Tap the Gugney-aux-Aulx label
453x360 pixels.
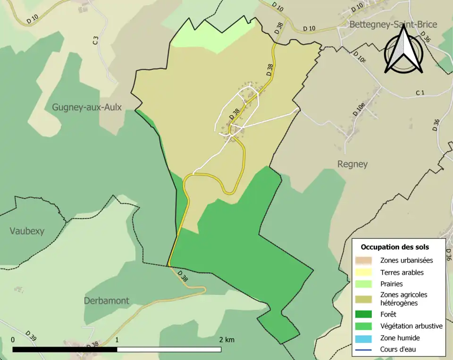[87, 108]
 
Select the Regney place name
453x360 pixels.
[352, 164]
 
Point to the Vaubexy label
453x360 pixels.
[27, 231]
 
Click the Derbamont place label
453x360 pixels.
[106, 301]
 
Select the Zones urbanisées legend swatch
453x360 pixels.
[363, 260]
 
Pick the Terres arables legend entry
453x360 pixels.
[402, 272]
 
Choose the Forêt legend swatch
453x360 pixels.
[363, 314]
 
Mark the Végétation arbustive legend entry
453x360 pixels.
[411, 326]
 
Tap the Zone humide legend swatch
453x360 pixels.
[363, 338]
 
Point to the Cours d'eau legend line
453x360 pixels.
[363, 350]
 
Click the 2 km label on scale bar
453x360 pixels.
[226, 340]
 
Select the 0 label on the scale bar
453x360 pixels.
[13, 340]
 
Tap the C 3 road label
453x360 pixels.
[95, 41]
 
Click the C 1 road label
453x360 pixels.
[420, 92]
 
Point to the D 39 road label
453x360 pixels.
[32, 335]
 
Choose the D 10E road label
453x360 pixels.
[360, 58]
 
